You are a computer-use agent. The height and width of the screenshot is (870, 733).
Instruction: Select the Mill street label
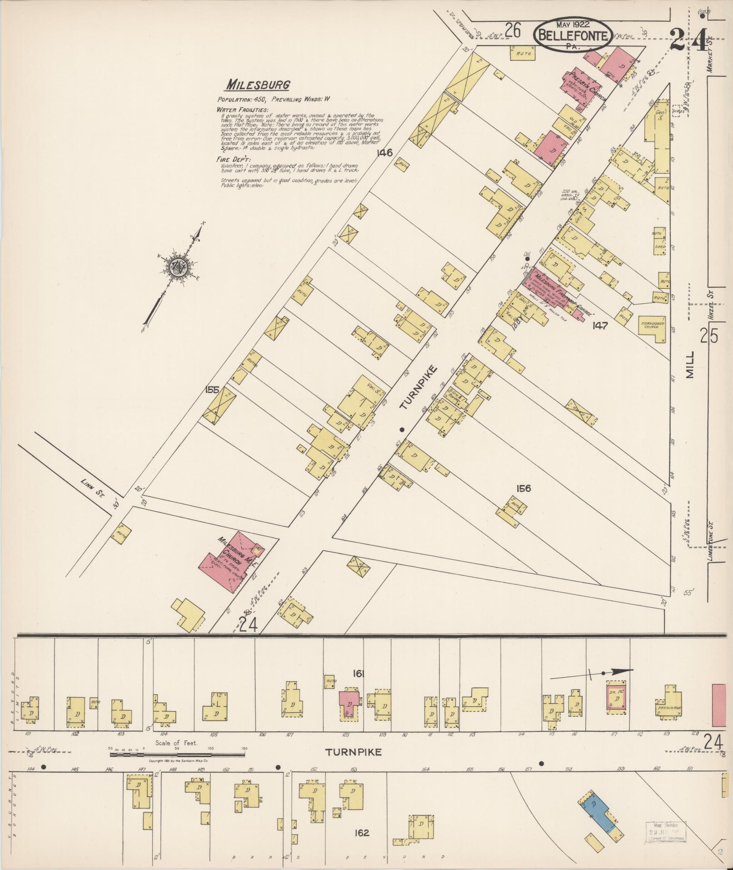coord(690,364)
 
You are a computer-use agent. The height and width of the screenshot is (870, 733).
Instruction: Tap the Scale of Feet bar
coord(177,754)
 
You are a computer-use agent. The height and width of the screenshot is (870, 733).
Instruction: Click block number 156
coord(523,488)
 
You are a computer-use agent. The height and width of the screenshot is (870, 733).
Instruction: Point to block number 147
coord(600,326)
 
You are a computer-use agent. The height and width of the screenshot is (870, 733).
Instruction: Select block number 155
coord(212,390)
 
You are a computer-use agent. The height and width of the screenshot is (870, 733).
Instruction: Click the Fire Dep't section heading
coord(234,160)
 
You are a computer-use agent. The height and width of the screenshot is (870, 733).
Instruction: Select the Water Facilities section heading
coord(242,110)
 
